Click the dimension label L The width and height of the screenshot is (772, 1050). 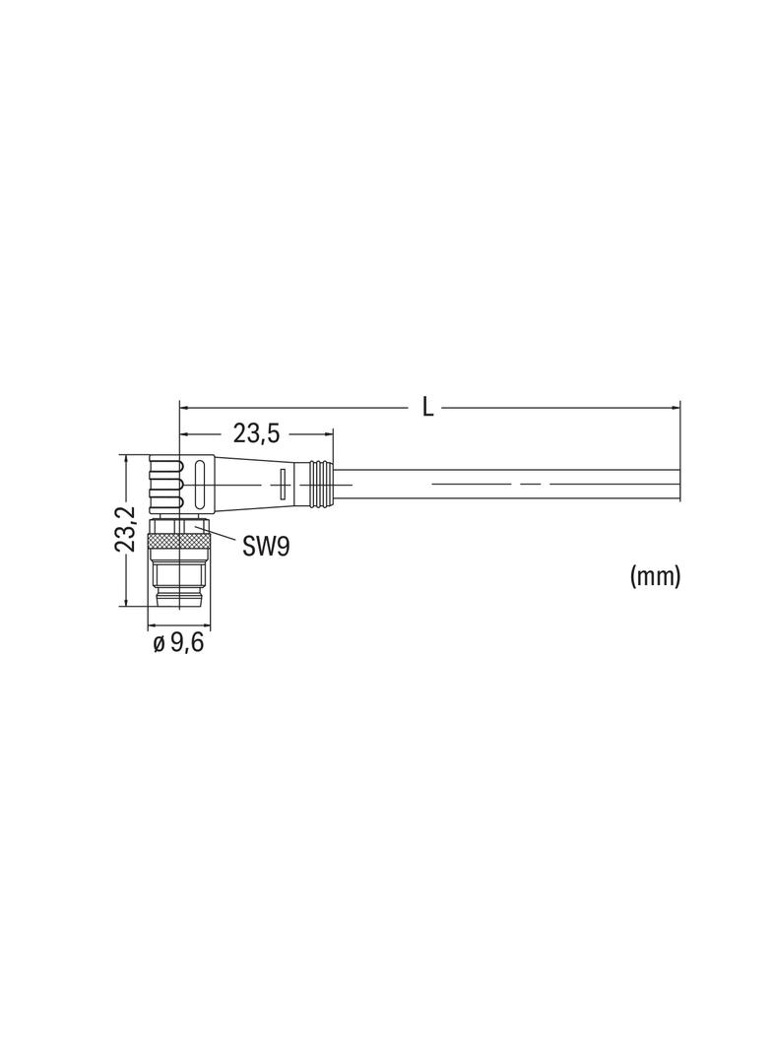[x=427, y=407]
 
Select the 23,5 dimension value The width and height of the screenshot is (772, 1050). [x=256, y=434]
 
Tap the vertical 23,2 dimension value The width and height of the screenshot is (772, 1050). [x=126, y=529]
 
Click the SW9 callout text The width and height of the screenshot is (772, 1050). [x=266, y=547]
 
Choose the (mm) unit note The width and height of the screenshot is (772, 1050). [x=655, y=576]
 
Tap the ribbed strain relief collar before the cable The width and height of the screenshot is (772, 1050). [x=319, y=483]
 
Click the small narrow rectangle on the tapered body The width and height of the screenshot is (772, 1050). [x=282, y=484]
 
